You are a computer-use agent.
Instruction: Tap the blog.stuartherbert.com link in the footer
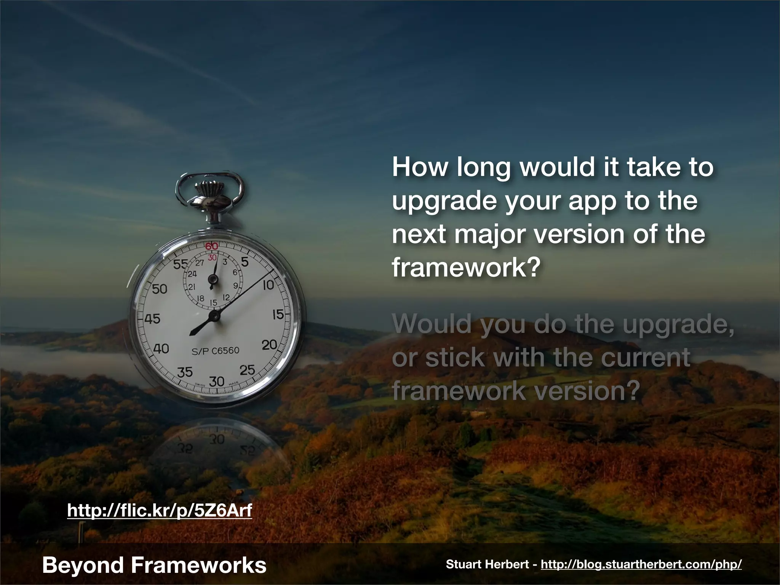(641, 564)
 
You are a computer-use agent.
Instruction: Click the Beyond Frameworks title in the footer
(154, 565)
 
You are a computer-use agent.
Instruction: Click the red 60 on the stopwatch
(212, 246)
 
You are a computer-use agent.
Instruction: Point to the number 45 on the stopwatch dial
(152, 318)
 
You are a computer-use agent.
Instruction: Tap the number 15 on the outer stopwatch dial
(278, 315)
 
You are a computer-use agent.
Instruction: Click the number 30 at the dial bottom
(217, 381)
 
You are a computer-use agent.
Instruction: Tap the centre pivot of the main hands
(215, 316)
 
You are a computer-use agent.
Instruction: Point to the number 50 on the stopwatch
(160, 289)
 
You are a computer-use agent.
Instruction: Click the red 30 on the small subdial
(212, 258)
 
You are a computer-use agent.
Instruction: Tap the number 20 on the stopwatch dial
(269, 345)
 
